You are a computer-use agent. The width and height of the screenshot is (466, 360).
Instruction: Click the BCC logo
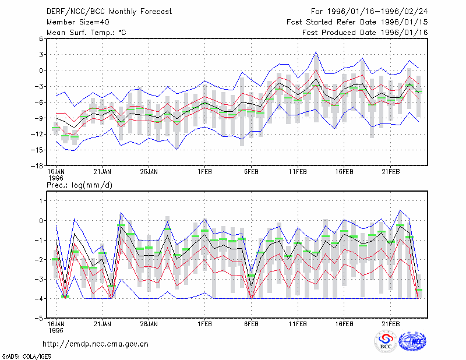[386, 341]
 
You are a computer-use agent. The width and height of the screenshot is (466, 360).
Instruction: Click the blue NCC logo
[412, 341]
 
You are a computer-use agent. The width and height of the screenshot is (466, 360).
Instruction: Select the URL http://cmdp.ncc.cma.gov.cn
[96, 344]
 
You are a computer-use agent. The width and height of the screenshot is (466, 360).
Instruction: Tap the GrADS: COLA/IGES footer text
[26, 357]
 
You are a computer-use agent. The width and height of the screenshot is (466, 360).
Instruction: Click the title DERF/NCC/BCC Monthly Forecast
[109, 12]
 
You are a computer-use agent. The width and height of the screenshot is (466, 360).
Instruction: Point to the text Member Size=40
[78, 22]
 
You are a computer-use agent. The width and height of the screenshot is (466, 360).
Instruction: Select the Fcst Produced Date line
[365, 33]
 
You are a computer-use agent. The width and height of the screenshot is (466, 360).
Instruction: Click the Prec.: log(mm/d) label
[79, 185]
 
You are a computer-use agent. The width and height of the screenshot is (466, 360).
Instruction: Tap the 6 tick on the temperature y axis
[41, 38]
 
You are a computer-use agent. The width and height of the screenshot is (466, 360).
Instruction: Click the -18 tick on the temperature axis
[37, 166]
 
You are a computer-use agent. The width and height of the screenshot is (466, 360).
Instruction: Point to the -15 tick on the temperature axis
[37, 150]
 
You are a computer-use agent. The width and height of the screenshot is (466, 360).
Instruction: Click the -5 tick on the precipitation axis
[39, 319]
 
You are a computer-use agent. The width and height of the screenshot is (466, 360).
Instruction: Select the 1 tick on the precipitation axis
[41, 201]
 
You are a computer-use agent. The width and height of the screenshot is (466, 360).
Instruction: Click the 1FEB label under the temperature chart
[204, 172]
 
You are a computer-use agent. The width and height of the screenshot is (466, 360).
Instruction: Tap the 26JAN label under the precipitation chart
[149, 324]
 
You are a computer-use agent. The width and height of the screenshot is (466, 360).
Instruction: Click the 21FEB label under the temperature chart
[390, 172]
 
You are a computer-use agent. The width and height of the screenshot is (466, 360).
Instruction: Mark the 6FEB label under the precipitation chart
[251, 324]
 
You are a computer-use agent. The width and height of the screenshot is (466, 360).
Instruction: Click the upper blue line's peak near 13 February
[316, 52]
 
